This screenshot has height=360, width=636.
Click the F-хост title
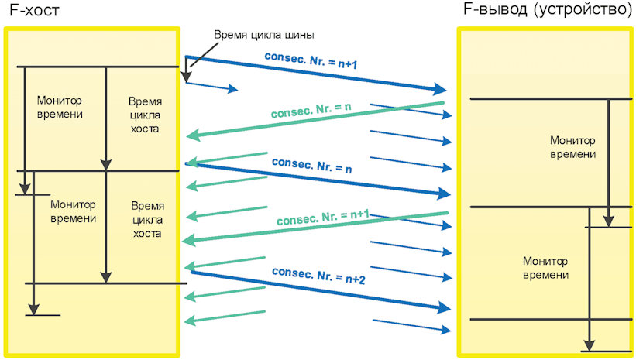tap(35, 10)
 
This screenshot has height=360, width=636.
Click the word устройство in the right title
tap(583, 9)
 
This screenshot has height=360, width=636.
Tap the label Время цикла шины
tap(264, 35)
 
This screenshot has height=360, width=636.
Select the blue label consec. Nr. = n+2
tap(318, 276)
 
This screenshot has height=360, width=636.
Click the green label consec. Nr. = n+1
tap(323, 218)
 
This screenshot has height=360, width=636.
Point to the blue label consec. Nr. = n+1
tap(311, 60)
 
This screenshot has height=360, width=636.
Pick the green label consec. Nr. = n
tap(311, 111)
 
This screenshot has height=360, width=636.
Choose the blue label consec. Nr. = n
tap(311, 166)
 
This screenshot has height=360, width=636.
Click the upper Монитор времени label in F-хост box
tap(60, 107)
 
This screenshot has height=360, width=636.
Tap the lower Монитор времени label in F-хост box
tap(73, 211)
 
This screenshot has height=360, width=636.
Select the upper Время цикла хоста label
tap(145, 115)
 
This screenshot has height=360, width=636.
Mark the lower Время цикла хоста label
tap(147, 219)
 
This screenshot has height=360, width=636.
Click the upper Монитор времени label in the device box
tap(572, 147)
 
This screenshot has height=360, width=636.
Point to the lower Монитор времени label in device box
tap(545, 268)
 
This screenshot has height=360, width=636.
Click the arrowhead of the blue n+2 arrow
tap(445, 308)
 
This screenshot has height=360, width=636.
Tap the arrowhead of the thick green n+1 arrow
tap(188, 241)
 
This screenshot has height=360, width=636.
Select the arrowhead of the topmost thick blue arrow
tap(441, 89)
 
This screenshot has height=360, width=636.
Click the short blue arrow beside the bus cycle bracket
tap(211, 85)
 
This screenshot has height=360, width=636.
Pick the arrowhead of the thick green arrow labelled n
tap(193, 135)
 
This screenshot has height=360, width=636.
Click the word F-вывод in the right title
tap(495, 9)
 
